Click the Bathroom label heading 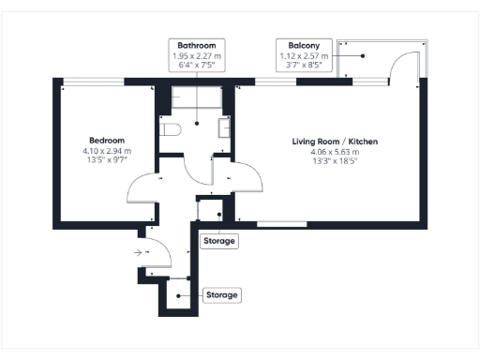click(x=197, y=45)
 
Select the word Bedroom click(x=107, y=141)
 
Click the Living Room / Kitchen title click(x=335, y=141)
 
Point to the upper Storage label click(x=220, y=241)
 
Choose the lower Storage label click(x=222, y=294)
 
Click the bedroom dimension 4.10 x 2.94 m click(x=107, y=151)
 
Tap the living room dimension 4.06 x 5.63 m click(x=335, y=151)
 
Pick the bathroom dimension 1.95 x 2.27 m click(x=197, y=55)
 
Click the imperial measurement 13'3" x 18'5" click(x=335, y=161)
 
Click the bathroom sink click(x=226, y=127)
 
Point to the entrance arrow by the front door click(x=138, y=251)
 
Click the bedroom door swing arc click(x=141, y=187)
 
